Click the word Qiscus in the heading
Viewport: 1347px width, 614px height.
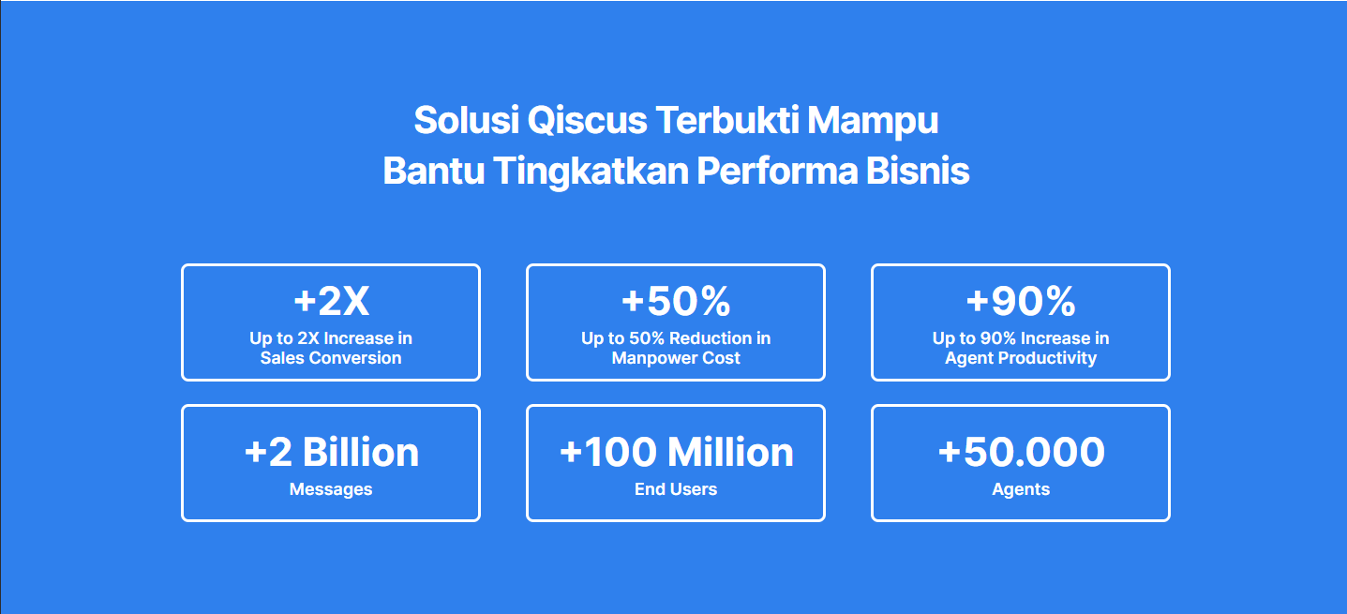click(x=587, y=120)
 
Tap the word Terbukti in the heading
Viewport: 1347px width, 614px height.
click(x=727, y=120)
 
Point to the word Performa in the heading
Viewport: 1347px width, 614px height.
click(x=777, y=171)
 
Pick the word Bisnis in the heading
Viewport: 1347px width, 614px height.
click(x=918, y=171)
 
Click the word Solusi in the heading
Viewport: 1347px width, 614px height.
click(x=466, y=120)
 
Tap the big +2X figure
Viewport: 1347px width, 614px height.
click(x=331, y=301)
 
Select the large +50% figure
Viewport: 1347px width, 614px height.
click(x=676, y=301)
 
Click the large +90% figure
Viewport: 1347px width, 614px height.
click(x=1021, y=301)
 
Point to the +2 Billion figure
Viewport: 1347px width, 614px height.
click(x=331, y=452)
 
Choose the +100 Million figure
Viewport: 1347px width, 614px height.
click(x=676, y=452)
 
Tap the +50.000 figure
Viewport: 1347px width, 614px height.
click(x=1021, y=452)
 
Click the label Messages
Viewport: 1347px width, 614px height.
click(x=331, y=489)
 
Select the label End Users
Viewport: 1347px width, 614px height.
click(x=676, y=489)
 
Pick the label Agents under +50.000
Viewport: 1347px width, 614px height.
click(x=1021, y=489)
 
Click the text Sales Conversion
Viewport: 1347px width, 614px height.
click(x=331, y=358)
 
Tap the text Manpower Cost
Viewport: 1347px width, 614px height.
click(x=676, y=358)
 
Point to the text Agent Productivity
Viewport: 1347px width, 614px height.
click(x=1021, y=358)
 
